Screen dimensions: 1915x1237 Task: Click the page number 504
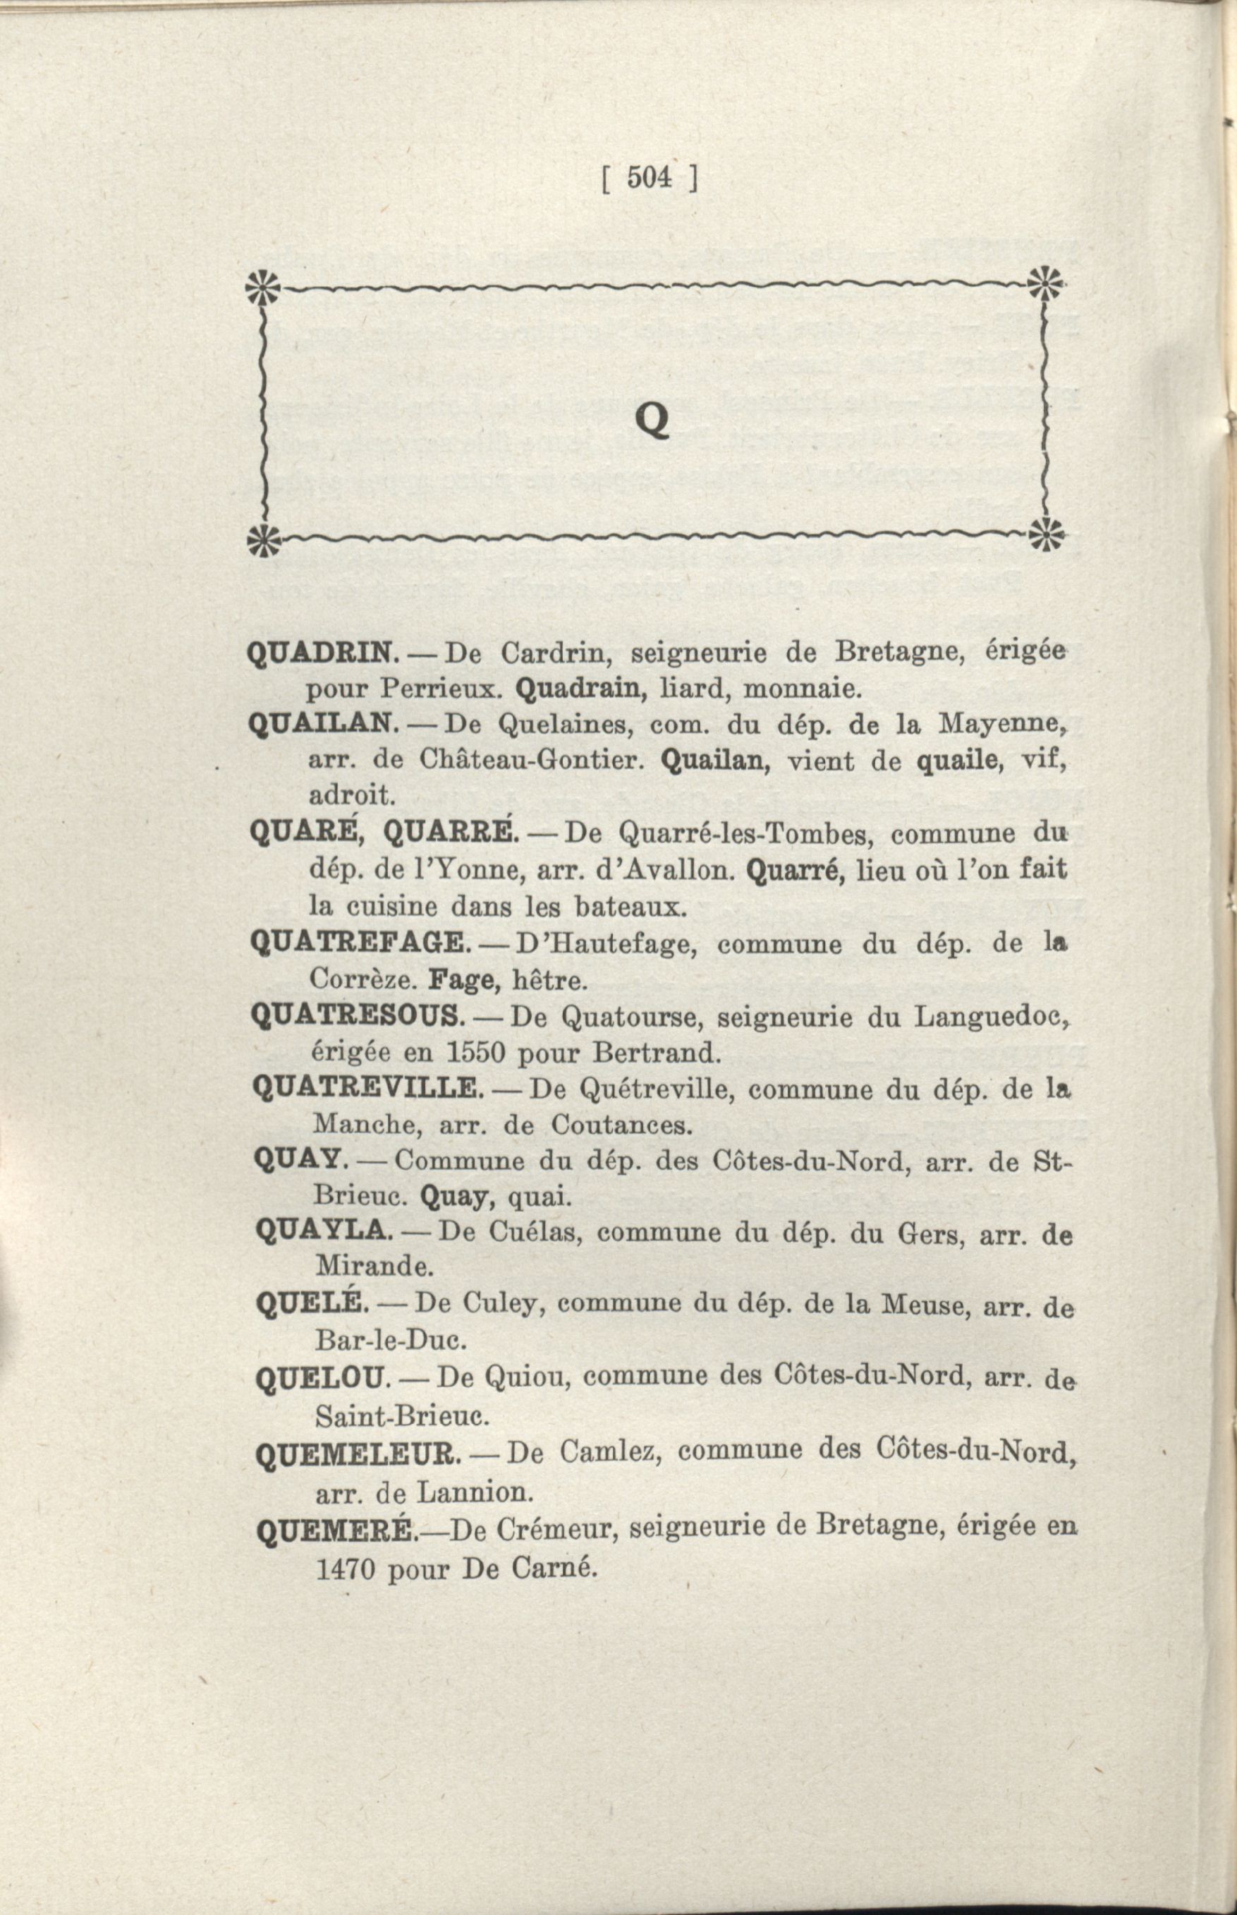(649, 178)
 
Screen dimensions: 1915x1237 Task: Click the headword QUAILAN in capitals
(323, 723)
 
